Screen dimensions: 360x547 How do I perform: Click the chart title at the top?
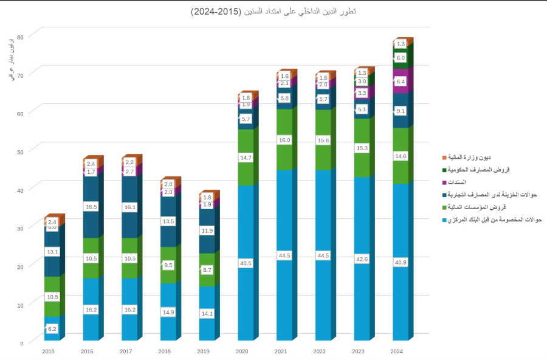[273, 12]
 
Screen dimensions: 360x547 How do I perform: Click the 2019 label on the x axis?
[203, 351]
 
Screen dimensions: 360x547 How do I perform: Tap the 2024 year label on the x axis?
[396, 351]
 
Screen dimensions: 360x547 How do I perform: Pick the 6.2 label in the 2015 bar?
[52, 329]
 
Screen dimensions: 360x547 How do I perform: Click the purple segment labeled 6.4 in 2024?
[401, 81]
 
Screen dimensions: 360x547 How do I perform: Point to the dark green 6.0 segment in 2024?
[401, 58]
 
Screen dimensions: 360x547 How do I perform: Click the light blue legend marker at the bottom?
[444, 220]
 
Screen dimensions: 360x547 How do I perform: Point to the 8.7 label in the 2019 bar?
[207, 269]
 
